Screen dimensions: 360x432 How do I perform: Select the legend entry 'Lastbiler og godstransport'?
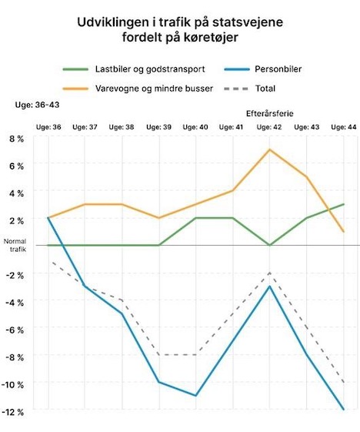(x=134, y=69)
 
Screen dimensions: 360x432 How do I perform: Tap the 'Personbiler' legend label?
(x=263, y=69)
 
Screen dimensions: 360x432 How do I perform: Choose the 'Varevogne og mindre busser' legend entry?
(x=138, y=89)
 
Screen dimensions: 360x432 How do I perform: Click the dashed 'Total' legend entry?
(x=250, y=89)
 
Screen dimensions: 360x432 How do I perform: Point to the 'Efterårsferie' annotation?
(x=270, y=113)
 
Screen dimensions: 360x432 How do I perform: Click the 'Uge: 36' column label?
(x=48, y=127)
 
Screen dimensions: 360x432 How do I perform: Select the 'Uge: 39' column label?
(x=158, y=127)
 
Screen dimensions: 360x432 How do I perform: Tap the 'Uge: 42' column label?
(x=269, y=127)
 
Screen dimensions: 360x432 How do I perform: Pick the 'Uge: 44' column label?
(x=344, y=127)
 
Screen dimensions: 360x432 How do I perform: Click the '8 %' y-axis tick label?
(x=16, y=139)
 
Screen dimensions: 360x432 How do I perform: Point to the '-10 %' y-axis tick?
(x=12, y=385)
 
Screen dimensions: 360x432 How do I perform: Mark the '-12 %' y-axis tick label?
(x=12, y=412)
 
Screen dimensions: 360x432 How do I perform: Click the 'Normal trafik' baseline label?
(x=15, y=245)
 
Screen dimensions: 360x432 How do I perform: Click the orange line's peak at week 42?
(x=269, y=149)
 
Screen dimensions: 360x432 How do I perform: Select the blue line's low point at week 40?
(x=195, y=396)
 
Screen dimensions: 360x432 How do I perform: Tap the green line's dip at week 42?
(x=270, y=245)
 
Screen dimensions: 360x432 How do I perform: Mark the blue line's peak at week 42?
(x=270, y=286)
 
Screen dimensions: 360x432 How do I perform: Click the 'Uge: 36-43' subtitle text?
(x=37, y=105)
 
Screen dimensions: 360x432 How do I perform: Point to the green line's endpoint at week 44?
(x=344, y=204)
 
